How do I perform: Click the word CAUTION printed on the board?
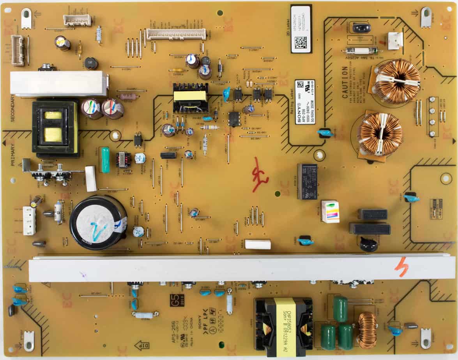pos(345,82)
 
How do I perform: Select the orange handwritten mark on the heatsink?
pos(401,268)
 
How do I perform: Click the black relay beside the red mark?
pos(308,181)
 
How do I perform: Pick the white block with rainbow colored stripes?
pos(330,212)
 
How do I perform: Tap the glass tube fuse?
pos(361,50)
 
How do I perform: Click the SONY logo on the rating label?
pos(299,106)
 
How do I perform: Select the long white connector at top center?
pos(176,34)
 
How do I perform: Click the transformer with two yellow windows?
pos(55,127)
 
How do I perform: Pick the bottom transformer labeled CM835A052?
pos(283,326)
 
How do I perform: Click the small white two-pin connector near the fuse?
pos(395,41)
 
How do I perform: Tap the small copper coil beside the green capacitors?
pos(367,330)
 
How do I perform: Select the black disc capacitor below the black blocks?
pos(368,244)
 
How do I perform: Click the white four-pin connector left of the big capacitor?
pos(29,221)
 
